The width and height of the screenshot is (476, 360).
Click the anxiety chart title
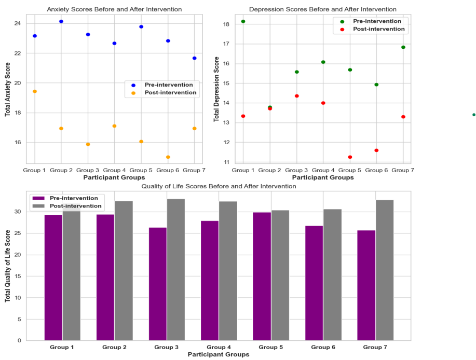click(114, 9)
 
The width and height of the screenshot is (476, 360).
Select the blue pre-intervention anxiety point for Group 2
click(61, 21)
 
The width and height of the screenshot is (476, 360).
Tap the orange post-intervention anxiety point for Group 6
click(168, 157)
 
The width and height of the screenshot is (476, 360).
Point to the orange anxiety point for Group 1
click(35, 91)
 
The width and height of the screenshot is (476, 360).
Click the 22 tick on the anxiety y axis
click(18, 53)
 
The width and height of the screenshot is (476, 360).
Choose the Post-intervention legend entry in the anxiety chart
click(170, 93)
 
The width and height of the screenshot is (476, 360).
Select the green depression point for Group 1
click(243, 21)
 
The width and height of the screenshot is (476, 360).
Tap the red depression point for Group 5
click(350, 157)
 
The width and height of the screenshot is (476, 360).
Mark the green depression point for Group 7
click(403, 47)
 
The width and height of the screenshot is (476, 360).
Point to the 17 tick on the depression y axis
click(226, 44)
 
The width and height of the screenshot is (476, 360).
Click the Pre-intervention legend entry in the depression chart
click(377, 21)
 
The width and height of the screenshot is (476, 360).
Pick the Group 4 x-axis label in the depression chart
click(323, 170)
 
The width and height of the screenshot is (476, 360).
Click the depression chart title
click(323, 9)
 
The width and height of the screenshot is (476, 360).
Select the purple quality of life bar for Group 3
click(158, 284)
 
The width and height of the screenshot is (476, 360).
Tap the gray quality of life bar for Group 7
click(384, 270)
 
